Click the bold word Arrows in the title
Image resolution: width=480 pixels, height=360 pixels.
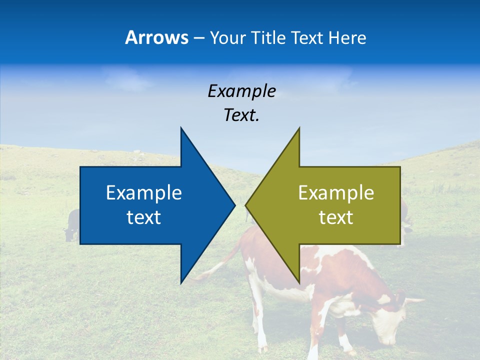(x=156, y=37)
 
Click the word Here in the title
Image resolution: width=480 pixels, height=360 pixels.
(x=347, y=37)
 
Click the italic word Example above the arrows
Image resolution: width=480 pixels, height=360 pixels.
(x=241, y=91)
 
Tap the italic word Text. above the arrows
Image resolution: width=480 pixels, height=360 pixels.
(x=241, y=115)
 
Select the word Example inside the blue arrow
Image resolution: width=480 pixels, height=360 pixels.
(x=144, y=192)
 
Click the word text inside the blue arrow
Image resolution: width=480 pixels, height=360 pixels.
(x=144, y=217)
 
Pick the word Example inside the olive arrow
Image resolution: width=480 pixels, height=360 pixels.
(x=336, y=192)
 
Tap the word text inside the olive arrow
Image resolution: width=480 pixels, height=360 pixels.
(x=336, y=217)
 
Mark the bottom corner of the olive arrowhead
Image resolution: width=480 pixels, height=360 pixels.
(x=299, y=282)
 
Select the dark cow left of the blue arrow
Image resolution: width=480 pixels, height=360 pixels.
(x=72, y=225)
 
